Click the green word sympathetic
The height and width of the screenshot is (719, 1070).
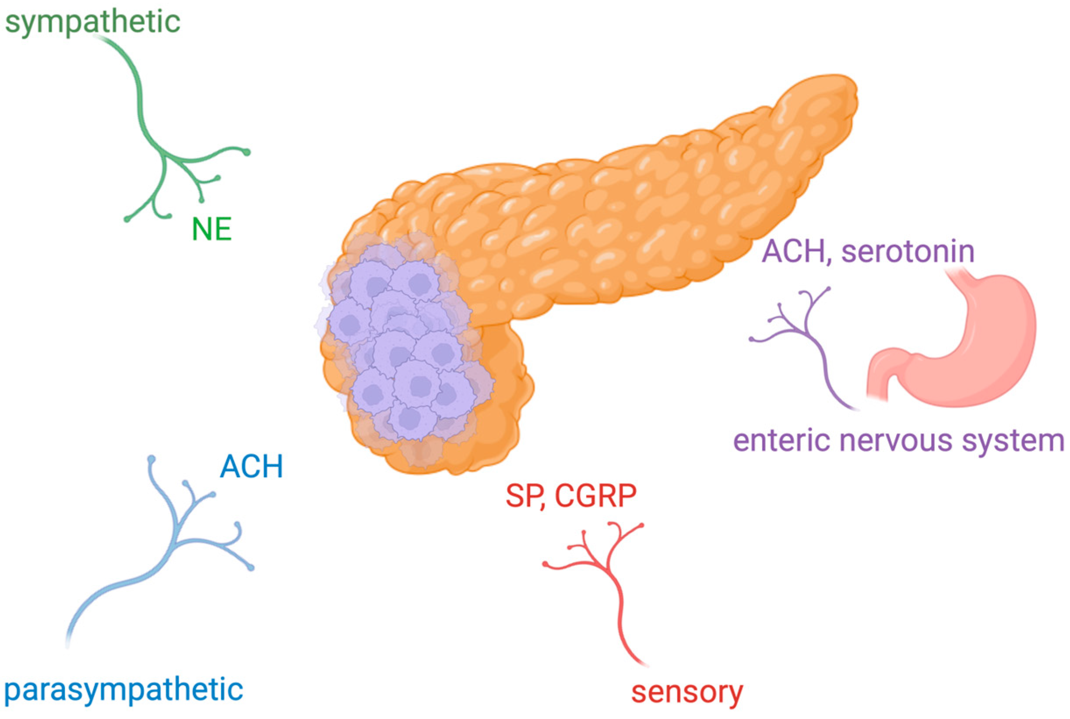click(93, 21)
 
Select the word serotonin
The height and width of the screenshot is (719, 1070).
click(908, 252)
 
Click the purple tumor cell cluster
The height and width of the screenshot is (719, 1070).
click(403, 349)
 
